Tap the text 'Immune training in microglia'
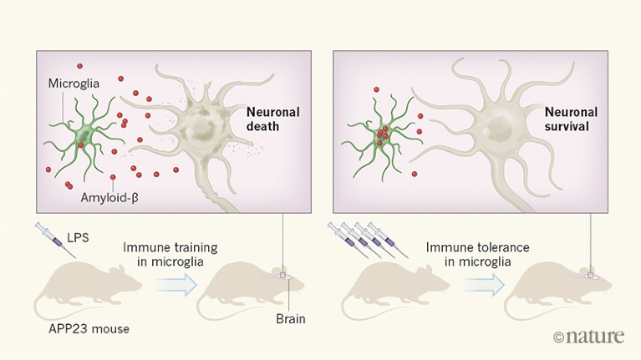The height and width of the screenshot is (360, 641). tap(170, 255)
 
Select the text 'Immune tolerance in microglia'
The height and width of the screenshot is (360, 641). tap(473, 255)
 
